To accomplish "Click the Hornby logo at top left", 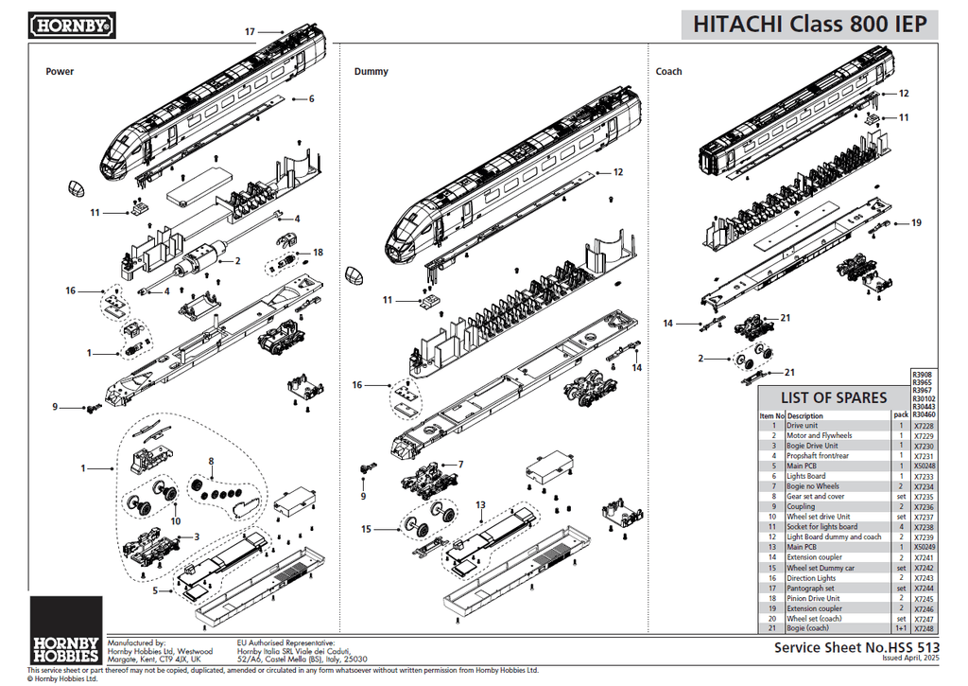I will coord(73,26).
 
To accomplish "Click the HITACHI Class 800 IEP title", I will coord(810,25).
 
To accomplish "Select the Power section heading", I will coord(60,72).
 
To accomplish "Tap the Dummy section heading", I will coord(371,72).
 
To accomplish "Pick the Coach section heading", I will coord(668,72).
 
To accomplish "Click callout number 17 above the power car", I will coord(251,32).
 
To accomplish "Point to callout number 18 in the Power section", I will coord(318,253).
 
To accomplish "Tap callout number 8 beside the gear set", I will coord(212,462).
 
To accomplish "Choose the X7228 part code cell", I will coord(925,426).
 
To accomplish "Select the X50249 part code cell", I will coord(925,547).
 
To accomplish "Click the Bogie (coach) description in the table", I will coord(808,628).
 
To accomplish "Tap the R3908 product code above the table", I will coord(922,375).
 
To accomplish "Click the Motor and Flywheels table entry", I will coord(819,435).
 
